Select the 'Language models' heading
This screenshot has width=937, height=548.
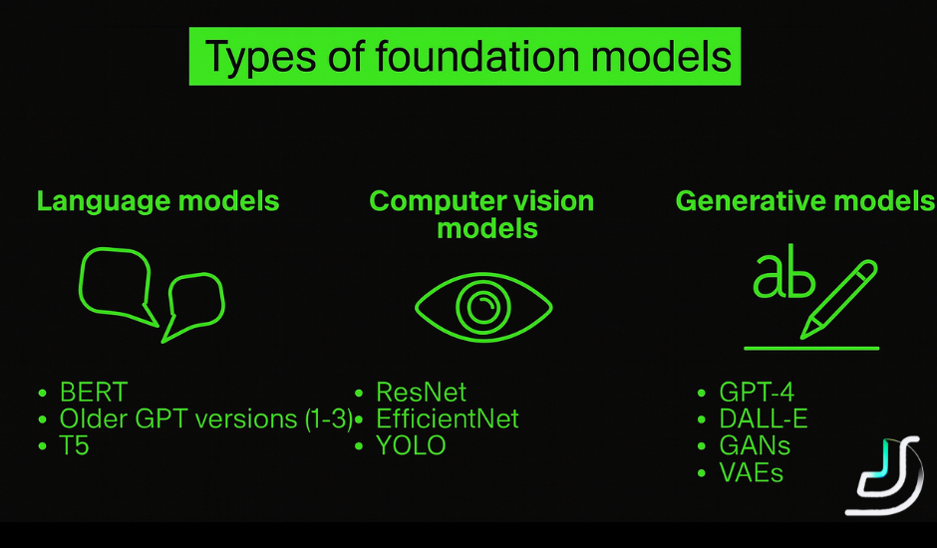pyautogui.click(x=157, y=201)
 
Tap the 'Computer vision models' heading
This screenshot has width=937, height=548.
pyautogui.click(x=481, y=214)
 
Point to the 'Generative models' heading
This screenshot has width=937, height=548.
pyautogui.click(x=804, y=201)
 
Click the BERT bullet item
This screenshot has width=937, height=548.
pyautogui.click(x=94, y=392)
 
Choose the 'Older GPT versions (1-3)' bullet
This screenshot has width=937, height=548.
pyautogui.click(x=205, y=418)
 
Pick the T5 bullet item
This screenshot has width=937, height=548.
pyautogui.click(x=74, y=445)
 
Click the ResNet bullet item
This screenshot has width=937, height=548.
pyautogui.click(x=421, y=392)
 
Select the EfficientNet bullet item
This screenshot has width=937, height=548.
pyautogui.click(x=447, y=418)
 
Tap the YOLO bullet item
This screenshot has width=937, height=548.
pyautogui.click(x=411, y=445)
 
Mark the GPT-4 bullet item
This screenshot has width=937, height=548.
pyautogui.click(x=757, y=392)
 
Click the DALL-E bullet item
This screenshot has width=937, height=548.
pyautogui.click(x=763, y=418)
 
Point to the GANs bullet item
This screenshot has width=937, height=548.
pyautogui.click(x=754, y=445)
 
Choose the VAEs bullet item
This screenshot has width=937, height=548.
pyautogui.click(x=751, y=472)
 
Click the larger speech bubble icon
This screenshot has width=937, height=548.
pyautogui.click(x=115, y=282)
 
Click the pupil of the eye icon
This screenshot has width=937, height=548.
pyautogui.click(x=483, y=304)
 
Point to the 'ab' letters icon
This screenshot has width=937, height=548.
pyautogui.click(x=782, y=277)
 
